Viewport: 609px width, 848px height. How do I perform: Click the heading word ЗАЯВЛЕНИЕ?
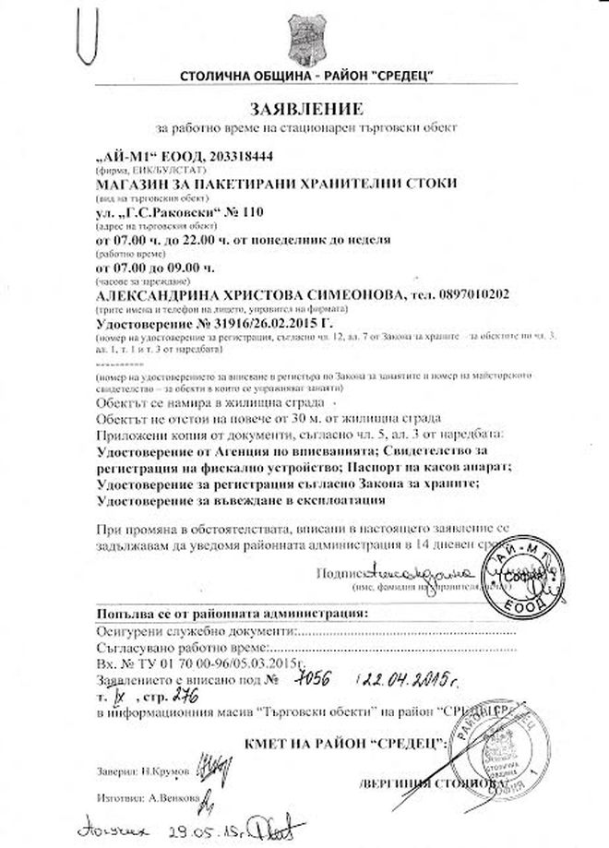pyautogui.click(x=304, y=105)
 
